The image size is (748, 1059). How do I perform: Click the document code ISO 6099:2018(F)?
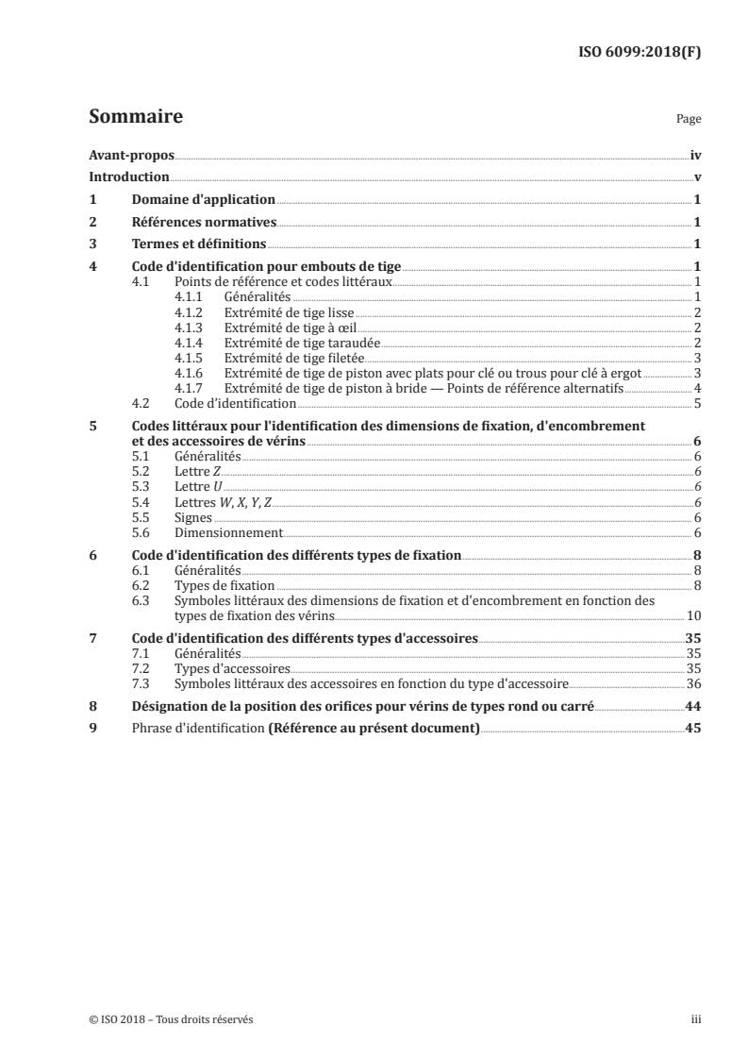pos(639,52)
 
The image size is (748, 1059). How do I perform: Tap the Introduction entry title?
pos(129,176)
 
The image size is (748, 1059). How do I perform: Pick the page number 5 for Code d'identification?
pos(696,403)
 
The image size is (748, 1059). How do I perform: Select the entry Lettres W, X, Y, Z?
pos(223,502)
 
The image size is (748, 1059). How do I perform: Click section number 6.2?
pos(140,586)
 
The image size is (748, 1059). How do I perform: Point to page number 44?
pos(692,706)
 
